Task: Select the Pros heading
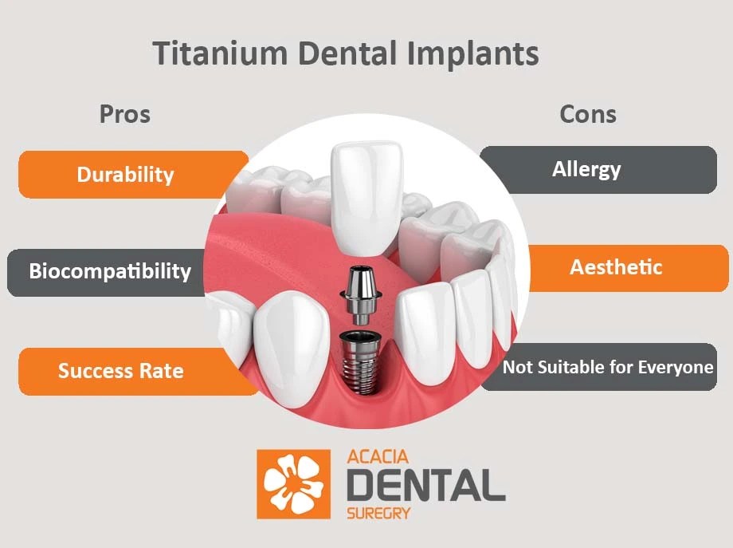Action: click(124, 114)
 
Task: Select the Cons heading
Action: click(588, 114)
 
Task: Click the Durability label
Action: click(125, 174)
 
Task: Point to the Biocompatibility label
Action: click(110, 271)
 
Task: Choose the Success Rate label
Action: click(120, 371)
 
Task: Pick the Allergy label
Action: click(586, 169)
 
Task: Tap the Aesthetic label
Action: click(616, 266)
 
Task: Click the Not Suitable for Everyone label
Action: click(607, 367)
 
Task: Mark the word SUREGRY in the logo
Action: click(379, 512)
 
